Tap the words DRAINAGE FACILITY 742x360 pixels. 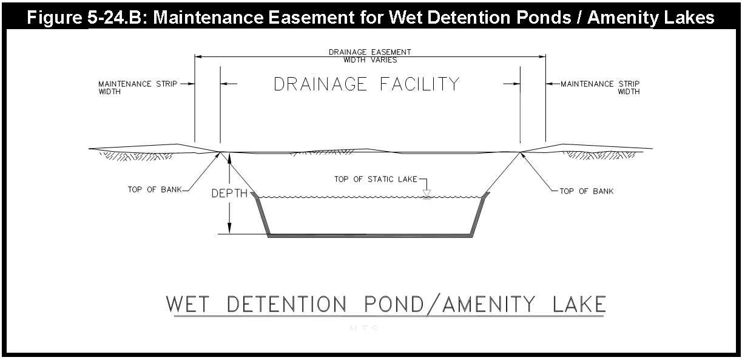[366, 84]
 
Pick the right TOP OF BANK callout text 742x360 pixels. [586, 191]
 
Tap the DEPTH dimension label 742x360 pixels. [229, 194]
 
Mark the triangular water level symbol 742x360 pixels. [427, 194]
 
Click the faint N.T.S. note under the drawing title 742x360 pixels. [363, 329]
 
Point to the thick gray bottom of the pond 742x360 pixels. [370, 235]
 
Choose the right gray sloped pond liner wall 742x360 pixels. [479, 215]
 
